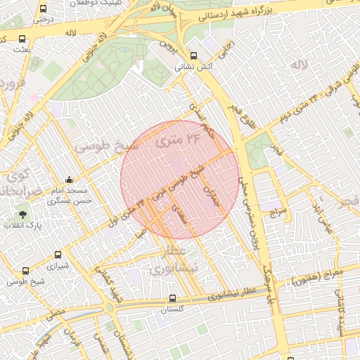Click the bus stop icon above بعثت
pos(22,39)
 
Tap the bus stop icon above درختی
pos(44,9)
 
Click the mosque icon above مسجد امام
pos(68,180)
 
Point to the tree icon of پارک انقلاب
pos(24,212)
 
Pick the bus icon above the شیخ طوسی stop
pos(26,271)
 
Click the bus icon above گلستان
pos(172,297)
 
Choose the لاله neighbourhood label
pos(299,65)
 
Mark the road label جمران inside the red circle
pos(211,196)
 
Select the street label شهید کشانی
pos(112,289)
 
